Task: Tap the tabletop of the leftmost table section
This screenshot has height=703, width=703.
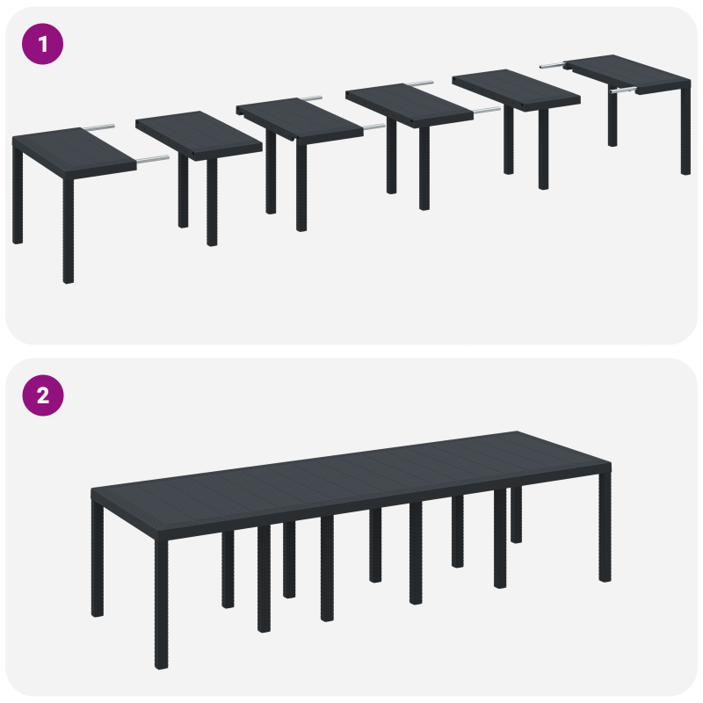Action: [x=70, y=149]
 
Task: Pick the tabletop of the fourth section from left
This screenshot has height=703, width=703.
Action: [x=409, y=104]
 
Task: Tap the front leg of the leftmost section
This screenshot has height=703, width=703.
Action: [x=69, y=228]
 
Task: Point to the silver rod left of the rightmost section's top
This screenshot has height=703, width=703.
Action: [x=553, y=64]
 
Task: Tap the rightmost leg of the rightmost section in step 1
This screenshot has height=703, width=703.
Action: [x=685, y=132]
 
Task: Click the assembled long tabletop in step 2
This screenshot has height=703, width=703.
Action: [x=351, y=475]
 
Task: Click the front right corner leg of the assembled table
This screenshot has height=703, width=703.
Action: [x=605, y=527]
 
